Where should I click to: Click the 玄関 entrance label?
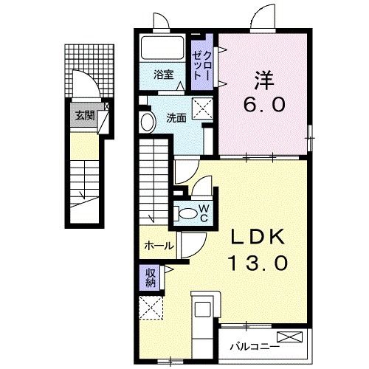[x=85, y=115]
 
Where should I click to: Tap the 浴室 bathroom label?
[x=164, y=75]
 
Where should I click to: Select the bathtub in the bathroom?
[x=162, y=48]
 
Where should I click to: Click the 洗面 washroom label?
[x=176, y=118]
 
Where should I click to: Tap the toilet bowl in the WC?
[x=188, y=213]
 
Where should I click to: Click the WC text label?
[x=204, y=213]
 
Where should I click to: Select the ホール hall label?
[x=159, y=246]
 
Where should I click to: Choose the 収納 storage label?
[x=151, y=277]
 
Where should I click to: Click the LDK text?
[x=258, y=237]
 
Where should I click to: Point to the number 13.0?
[x=258, y=263]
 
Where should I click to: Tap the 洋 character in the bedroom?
[x=264, y=80]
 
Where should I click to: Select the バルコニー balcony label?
[x=255, y=347]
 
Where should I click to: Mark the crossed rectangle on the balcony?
[x=289, y=337]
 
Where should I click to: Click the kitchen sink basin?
[x=203, y=309]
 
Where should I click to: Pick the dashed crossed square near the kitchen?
[x=151, y=308]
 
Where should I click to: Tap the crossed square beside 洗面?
[x=202, y=108]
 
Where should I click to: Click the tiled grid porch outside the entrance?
[x=89, y=71]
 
